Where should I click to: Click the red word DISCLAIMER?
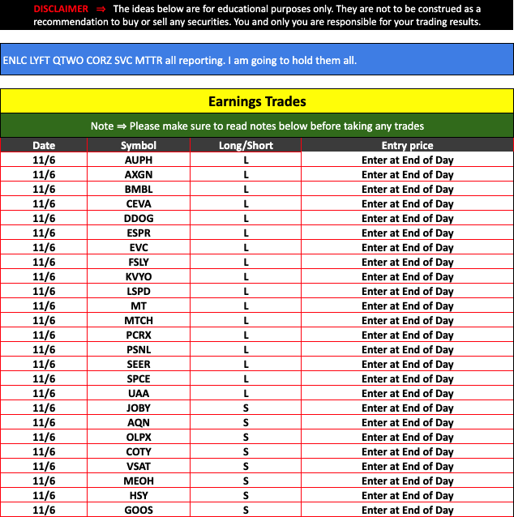61,9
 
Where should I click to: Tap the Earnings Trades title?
257,101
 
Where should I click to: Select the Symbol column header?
139,146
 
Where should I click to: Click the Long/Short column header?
246,146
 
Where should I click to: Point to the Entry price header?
407,146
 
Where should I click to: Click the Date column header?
44,146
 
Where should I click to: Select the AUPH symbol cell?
139,160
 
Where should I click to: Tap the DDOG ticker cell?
139,219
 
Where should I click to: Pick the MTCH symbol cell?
139,321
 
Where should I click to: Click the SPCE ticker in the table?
139,379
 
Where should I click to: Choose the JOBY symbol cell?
139,408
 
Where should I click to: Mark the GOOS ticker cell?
139,511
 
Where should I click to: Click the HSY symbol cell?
139,496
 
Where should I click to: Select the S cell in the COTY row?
246,452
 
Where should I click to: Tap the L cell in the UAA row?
246,394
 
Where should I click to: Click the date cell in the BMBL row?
44,190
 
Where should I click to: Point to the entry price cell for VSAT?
407,467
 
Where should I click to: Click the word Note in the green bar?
102,126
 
